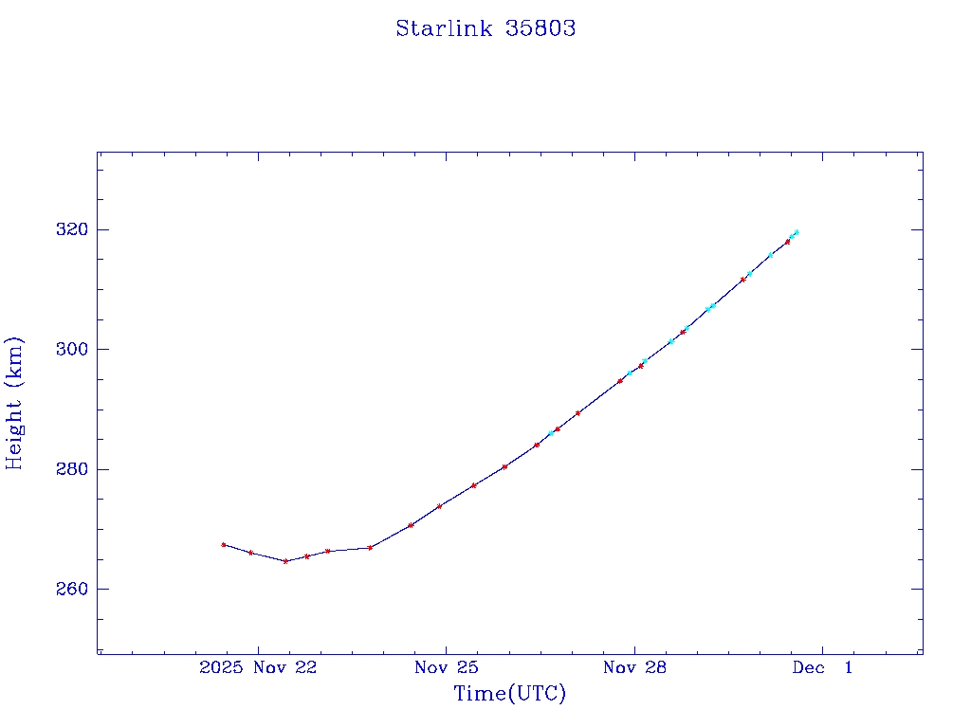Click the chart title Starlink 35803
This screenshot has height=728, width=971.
(485, 28)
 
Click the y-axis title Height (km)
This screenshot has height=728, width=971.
(14, 403)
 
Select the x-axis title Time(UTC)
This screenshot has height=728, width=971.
(509, 694)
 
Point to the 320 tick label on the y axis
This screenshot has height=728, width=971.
(73, 229)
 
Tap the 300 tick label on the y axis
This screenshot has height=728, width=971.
(73, 350)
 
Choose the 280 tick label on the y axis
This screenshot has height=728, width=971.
(73, 469)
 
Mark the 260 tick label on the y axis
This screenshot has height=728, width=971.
(73, 589)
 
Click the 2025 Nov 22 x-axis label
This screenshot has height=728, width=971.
(257, 667)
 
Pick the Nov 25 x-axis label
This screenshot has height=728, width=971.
(446, 667)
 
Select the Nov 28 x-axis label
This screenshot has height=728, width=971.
(634, 667)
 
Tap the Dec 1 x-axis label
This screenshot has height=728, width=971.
(822, 667)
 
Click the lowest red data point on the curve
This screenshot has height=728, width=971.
(285, 561)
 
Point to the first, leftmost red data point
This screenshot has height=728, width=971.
(224, 545)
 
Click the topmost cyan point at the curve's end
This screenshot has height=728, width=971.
(797, 231)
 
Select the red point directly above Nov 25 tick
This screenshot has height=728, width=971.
(440, 506)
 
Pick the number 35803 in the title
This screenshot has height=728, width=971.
(540, 28)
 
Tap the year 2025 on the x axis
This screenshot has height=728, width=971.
(221, 667)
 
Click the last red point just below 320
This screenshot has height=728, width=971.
(787, 242)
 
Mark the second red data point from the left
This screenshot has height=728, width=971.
(250, 553)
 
